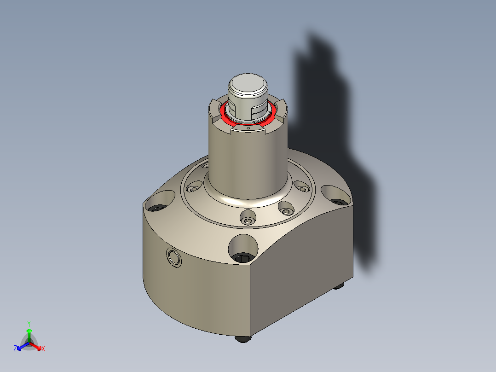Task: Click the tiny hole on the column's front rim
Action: tap(248, 129)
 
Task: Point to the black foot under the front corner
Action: tap(243, 339)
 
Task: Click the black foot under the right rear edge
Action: tap(339, 285)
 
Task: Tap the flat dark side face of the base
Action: tap(304, 267)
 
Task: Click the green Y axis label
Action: tap(29, 324)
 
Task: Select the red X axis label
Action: tap(43, 349)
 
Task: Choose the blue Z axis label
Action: tap(15, 349)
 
